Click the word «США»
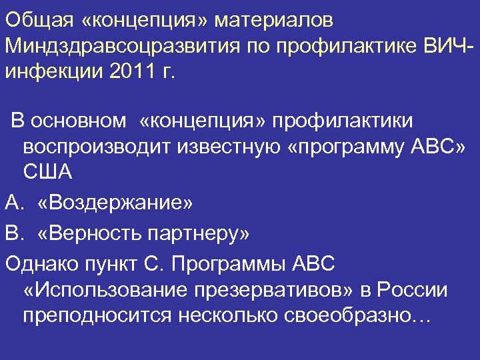click(x=47, y=171)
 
